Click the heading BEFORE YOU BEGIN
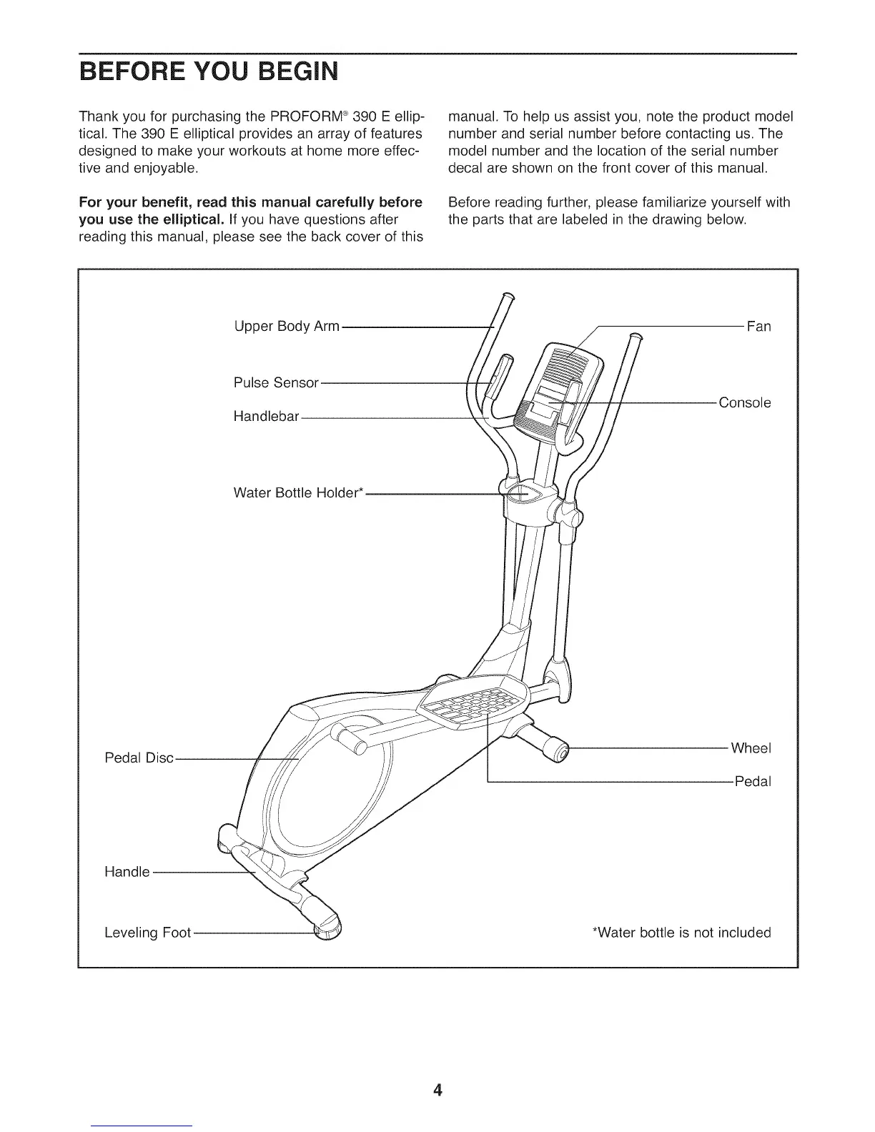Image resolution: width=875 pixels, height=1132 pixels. (x=207, y=72)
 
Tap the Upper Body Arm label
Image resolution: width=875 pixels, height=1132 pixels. (x=287, y=327)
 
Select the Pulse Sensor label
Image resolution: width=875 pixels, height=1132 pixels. (x=276, y=382)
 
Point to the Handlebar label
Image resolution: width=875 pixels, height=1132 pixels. (x=266, y=416)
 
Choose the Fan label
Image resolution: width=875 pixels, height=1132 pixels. (x=758, y=327)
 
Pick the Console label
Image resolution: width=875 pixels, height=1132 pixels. (x=745, y=402)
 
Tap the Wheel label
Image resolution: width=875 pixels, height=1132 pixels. (x=751, y=748)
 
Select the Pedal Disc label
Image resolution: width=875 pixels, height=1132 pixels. (x=139, y=758)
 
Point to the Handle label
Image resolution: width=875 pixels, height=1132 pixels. (x=127, y=872)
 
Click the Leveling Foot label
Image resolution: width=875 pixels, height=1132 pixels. (x=147, y=933)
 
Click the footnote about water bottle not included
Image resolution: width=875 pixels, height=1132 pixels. (x=682, y=933)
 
